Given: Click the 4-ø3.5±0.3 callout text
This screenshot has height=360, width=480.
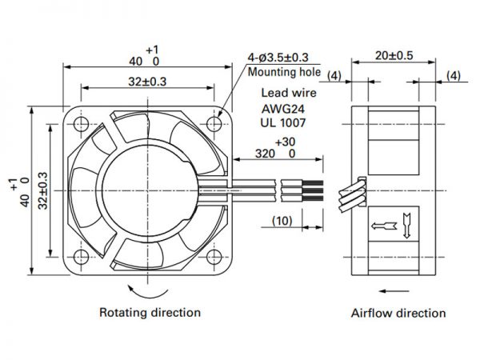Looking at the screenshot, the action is [x=278, y=58].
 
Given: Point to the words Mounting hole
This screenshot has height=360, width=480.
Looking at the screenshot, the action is [x=284, y=72].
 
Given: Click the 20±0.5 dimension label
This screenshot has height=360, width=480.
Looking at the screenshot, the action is [x=394, y=55].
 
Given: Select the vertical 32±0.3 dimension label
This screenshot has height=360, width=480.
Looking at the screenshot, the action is [x=43, y=190].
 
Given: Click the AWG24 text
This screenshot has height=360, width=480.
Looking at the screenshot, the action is [x=283, y=109].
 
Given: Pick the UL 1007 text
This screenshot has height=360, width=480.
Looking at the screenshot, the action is [x=283, y=122].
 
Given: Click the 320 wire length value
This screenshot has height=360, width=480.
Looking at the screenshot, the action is [x=265, y=154].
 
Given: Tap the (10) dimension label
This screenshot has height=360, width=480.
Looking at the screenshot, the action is [x=282, y=221].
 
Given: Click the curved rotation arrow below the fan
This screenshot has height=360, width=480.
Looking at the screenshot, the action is [x=147, y=293].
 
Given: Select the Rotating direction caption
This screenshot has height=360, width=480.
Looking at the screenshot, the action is [x=150, y=313].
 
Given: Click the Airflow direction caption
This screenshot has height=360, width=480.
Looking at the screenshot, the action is [x=398, y=313].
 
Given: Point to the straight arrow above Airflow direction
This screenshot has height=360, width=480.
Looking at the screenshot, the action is [x=394, y=291].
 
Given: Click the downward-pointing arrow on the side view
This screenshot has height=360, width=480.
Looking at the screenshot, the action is [x=406, y=226].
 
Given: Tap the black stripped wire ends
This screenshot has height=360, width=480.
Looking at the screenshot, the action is [x=313, y=190].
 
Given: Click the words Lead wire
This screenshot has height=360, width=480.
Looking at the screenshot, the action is [x=288, y=93].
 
